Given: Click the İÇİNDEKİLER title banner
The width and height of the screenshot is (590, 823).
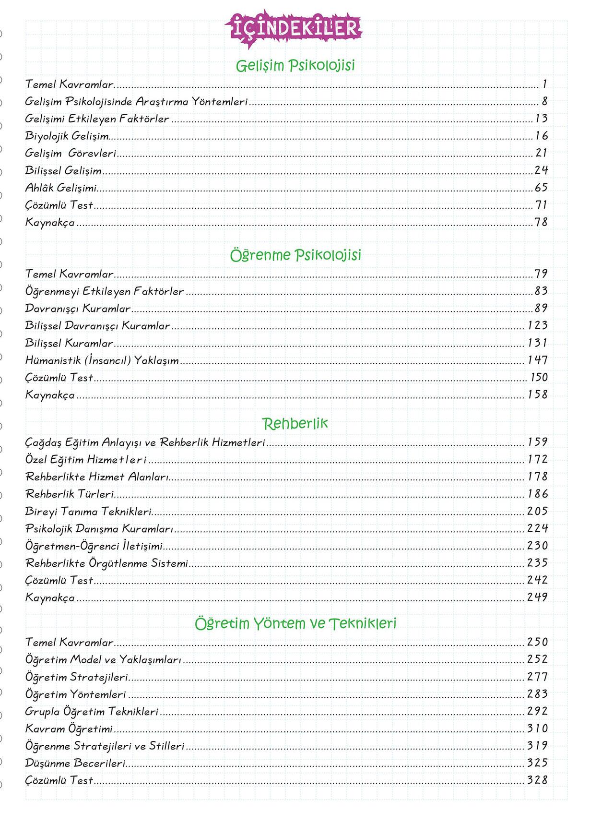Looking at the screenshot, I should pos(295,29).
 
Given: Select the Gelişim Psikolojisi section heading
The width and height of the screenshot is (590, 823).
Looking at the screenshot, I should pos(295,65).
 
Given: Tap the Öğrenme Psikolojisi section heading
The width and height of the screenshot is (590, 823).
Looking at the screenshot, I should pos(295,255).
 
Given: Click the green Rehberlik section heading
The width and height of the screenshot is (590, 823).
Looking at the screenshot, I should pos(295,423).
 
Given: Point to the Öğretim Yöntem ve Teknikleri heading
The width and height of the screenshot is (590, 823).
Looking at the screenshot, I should pos(295,623).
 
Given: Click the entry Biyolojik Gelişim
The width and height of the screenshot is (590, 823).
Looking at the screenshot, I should pos(67,136).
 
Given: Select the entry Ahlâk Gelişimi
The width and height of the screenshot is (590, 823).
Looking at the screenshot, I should pos(61,188).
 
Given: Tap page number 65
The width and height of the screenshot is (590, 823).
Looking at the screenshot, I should pos(541,188).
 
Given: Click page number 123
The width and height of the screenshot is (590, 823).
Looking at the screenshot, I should pos(537,325).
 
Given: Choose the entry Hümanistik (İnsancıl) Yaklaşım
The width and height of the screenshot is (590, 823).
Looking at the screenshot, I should pos(102,360).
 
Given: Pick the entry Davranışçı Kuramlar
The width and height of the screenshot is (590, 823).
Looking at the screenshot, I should pos(78,309).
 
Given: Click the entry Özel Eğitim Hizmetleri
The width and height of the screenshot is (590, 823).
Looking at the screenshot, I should pos(86,460).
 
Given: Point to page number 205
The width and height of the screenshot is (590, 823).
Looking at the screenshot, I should pos(537,511).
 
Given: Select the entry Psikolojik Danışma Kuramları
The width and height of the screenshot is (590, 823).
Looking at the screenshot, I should pos(99,529).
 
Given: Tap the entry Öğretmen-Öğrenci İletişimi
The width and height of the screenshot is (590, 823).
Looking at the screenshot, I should pos(94,546).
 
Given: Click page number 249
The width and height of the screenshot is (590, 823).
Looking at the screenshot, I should pos(537,597).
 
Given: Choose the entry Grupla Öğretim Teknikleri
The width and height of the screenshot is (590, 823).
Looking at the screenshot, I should pos(92,712).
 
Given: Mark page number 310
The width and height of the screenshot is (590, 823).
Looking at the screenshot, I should pos(537,728).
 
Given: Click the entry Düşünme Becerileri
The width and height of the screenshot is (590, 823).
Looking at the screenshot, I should pos(75,763).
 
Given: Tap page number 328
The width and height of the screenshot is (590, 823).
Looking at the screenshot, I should pos(537,780).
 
